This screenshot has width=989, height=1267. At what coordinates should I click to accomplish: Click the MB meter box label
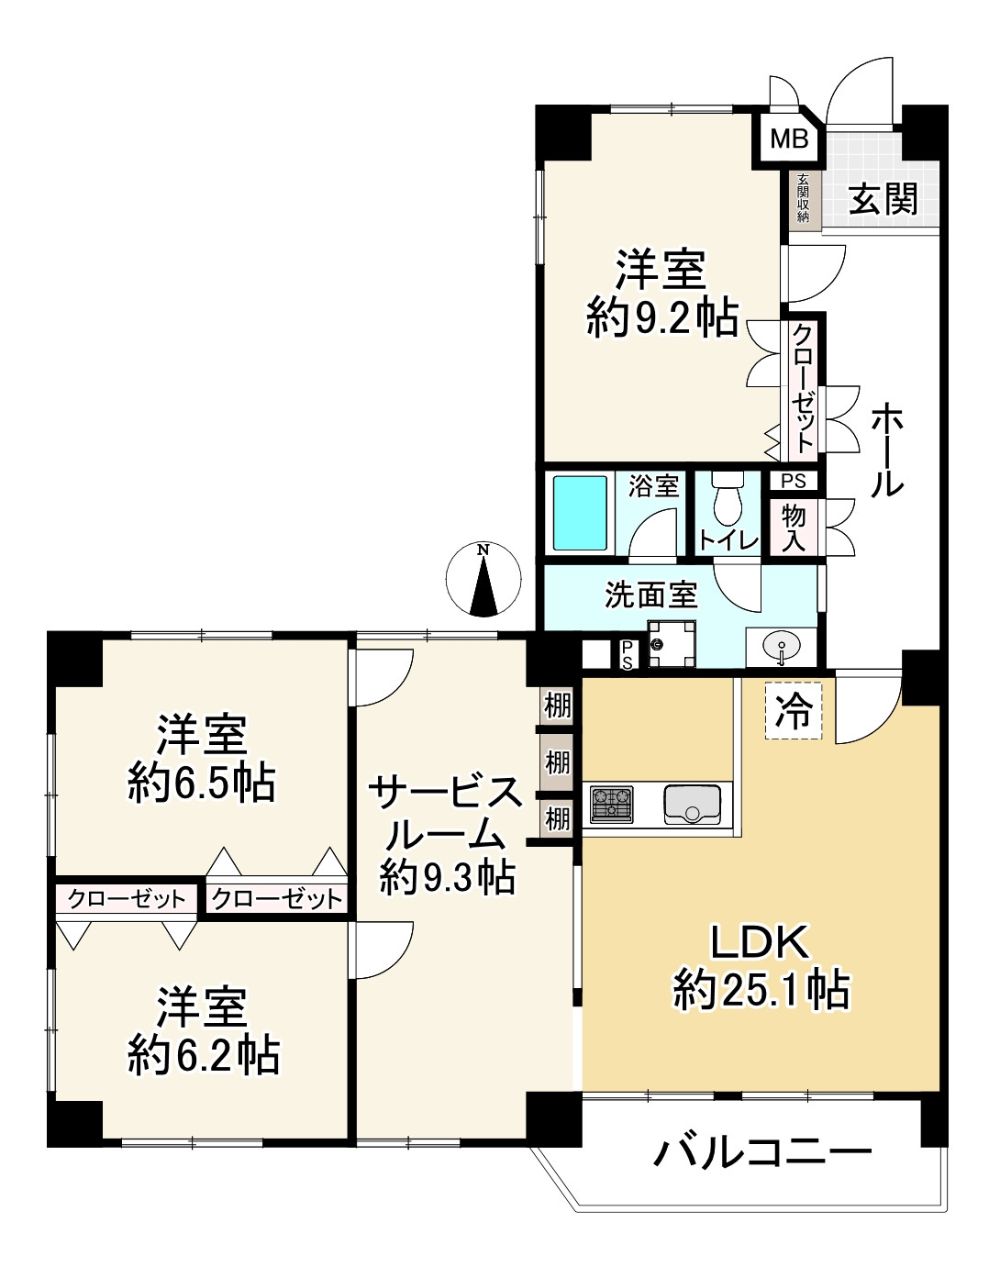pos(789,139)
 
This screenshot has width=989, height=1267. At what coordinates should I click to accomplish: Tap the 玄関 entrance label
pos(883,199)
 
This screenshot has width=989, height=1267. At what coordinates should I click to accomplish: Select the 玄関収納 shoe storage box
pos(803,198)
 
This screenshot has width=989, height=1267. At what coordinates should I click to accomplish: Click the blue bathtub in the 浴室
pos(579,513)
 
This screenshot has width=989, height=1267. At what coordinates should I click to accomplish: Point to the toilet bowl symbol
pos(728,497)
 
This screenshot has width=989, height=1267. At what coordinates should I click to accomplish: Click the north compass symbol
pos(483,580)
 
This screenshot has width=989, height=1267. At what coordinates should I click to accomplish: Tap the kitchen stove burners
pos(611,805)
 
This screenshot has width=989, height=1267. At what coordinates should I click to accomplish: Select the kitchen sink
pos(693,805)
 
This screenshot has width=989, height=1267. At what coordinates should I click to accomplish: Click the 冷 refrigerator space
pos(794,711)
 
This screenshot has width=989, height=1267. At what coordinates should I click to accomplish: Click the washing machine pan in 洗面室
pos(672,644)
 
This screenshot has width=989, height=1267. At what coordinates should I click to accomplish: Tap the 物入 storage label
pos(794,528)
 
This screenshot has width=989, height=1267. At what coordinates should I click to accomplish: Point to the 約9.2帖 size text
pos(662,317)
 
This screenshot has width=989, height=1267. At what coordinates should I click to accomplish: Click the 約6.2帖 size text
pos(204,1055)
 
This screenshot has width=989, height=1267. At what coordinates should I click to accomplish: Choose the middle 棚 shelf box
pos(557,762)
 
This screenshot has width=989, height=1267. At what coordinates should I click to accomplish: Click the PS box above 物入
pos(794,481)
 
